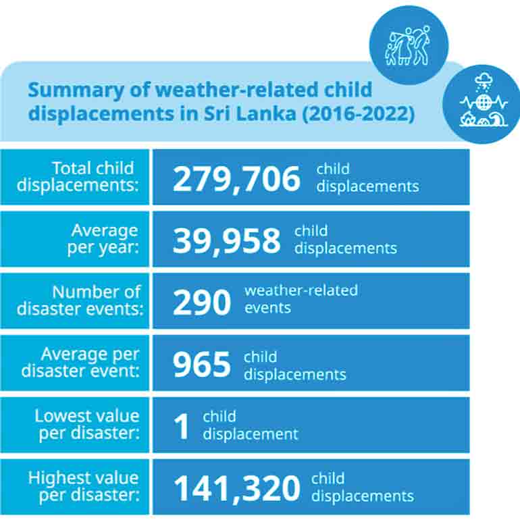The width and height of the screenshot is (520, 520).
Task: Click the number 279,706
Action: point(236,178)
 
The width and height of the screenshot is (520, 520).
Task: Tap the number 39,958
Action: point(226,240)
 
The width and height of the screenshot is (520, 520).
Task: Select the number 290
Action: point(202,302)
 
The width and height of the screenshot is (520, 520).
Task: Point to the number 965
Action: point(201,365)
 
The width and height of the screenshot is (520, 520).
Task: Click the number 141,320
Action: point(237,488)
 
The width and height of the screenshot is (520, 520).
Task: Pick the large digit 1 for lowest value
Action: point(182,427)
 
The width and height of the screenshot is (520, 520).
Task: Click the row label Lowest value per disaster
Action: point(87,424)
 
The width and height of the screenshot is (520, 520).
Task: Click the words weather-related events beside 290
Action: point(301,298)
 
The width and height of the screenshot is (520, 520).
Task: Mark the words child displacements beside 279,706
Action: point(367,178)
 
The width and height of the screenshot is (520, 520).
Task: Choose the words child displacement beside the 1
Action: point(250,425)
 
